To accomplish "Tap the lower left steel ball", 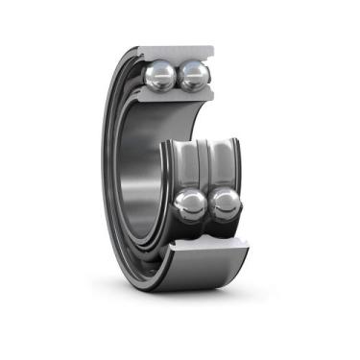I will (191, 204).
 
